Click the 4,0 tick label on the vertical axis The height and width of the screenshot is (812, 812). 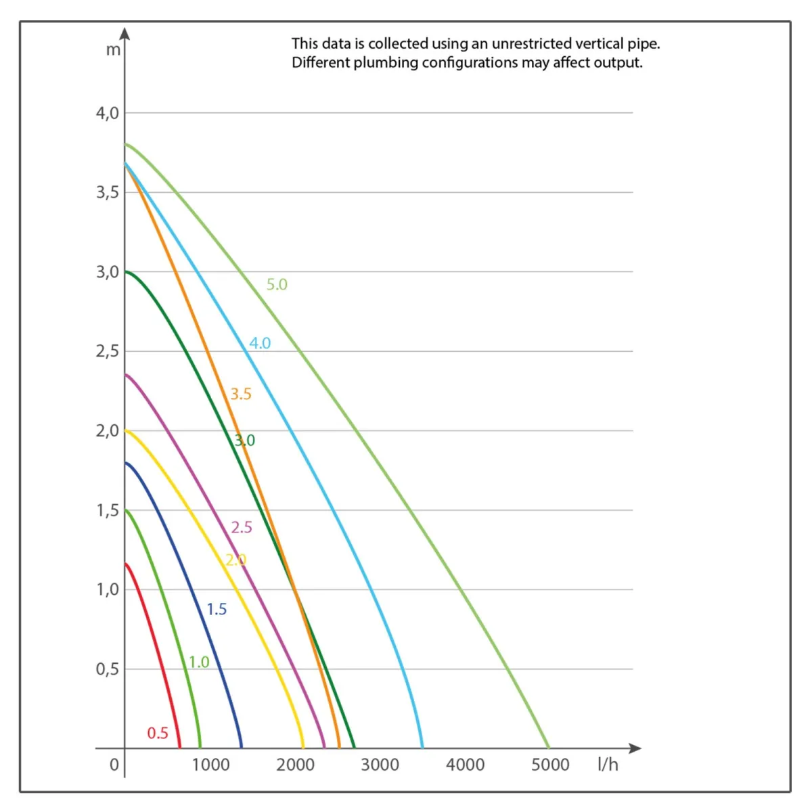click(x=107, y=113)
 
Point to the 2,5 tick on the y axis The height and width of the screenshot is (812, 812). click(x=107, y=351)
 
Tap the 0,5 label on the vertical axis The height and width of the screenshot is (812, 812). click(x=107, y=669)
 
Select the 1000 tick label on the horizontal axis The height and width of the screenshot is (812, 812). click(x=210, y=765)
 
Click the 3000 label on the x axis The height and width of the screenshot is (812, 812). click(x=380, y=765)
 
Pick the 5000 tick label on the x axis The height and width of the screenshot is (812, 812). click(x=550, y=765)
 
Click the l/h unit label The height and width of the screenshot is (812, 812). click(x=608, y=765)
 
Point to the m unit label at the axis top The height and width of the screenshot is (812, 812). click(x=113, y=50)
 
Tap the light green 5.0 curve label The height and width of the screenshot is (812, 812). click(x=277, y=284)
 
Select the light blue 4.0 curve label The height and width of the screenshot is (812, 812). click(x=260, y=343)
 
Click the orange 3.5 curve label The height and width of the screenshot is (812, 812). click(x=241, y=394)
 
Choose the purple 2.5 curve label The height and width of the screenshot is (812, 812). click(x=242, y=528)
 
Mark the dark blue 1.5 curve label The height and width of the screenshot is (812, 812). click(x=217, y=610)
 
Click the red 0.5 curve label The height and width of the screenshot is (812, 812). click(x=158, y=733)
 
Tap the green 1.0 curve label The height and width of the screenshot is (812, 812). click(x=199, y=662)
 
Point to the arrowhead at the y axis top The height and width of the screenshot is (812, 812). click(x=125, y=33)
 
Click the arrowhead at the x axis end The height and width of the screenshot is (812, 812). click(x=635, y=748)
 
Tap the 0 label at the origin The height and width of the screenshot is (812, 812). click(x=114, y=765)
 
